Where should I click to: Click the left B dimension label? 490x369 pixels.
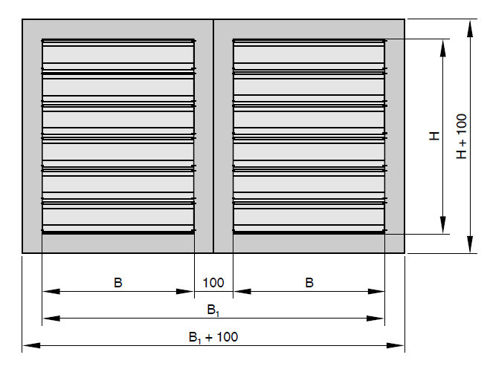click(x=117, y=282)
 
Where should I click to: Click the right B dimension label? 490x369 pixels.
click(x=309, y=282)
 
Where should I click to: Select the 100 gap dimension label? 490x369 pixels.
click(x=213, y=282)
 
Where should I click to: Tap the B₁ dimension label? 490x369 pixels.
click(x=213, y=309)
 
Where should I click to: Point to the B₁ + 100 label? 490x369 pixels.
click(x=213, y=336)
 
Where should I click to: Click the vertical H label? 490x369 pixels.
click(x=435, y=136)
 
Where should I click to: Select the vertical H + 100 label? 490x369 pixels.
click(x=462, y=136)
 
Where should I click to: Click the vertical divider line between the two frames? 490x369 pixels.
click(x=213, y=136)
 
